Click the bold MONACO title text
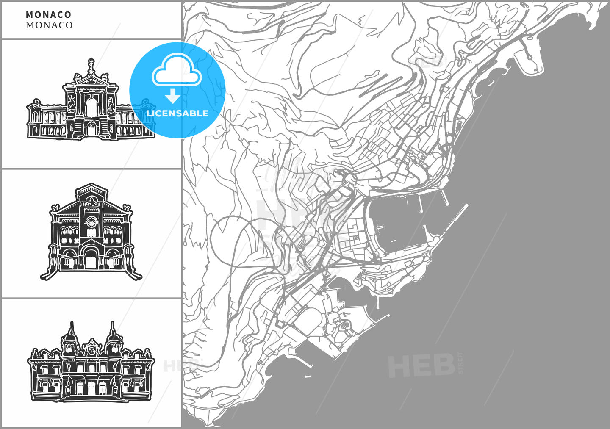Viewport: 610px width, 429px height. [x=48, y=15]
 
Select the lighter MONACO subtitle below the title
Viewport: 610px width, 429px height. [x=49, y=25]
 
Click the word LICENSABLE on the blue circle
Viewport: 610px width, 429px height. [x=177, y=113]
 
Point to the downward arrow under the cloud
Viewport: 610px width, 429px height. [x=172, y=96]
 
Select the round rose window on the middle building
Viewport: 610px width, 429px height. [x=91, y=222]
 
